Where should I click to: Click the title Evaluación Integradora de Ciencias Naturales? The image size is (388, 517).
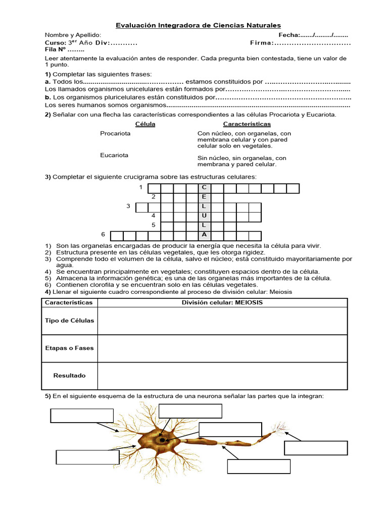[x=199, y=25]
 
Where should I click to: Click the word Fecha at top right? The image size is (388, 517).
[x=289, y=35]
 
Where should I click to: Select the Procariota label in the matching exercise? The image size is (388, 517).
[x=115, y=133]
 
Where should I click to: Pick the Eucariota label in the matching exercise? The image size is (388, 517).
[x=114, y=155]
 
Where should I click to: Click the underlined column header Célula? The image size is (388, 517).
[x=145, y=124]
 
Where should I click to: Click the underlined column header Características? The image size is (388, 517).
[x=247, y=124]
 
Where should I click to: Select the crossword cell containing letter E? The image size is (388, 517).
[x=204, y=197]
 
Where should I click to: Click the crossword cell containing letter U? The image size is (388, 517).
[x=204, y=217]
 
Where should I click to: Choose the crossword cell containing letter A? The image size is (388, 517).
[x=204, y=235]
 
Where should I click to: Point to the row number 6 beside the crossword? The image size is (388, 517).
[x=103, y=235]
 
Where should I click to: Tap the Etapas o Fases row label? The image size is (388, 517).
[x=69, y=348]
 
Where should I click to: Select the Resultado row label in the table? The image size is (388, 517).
[x=69, y=375]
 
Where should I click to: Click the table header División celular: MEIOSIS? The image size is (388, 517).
[x=222, y=302]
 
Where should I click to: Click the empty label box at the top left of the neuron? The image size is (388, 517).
[x=82, y=415]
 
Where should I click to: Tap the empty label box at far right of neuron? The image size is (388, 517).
[x=316, y=448]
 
